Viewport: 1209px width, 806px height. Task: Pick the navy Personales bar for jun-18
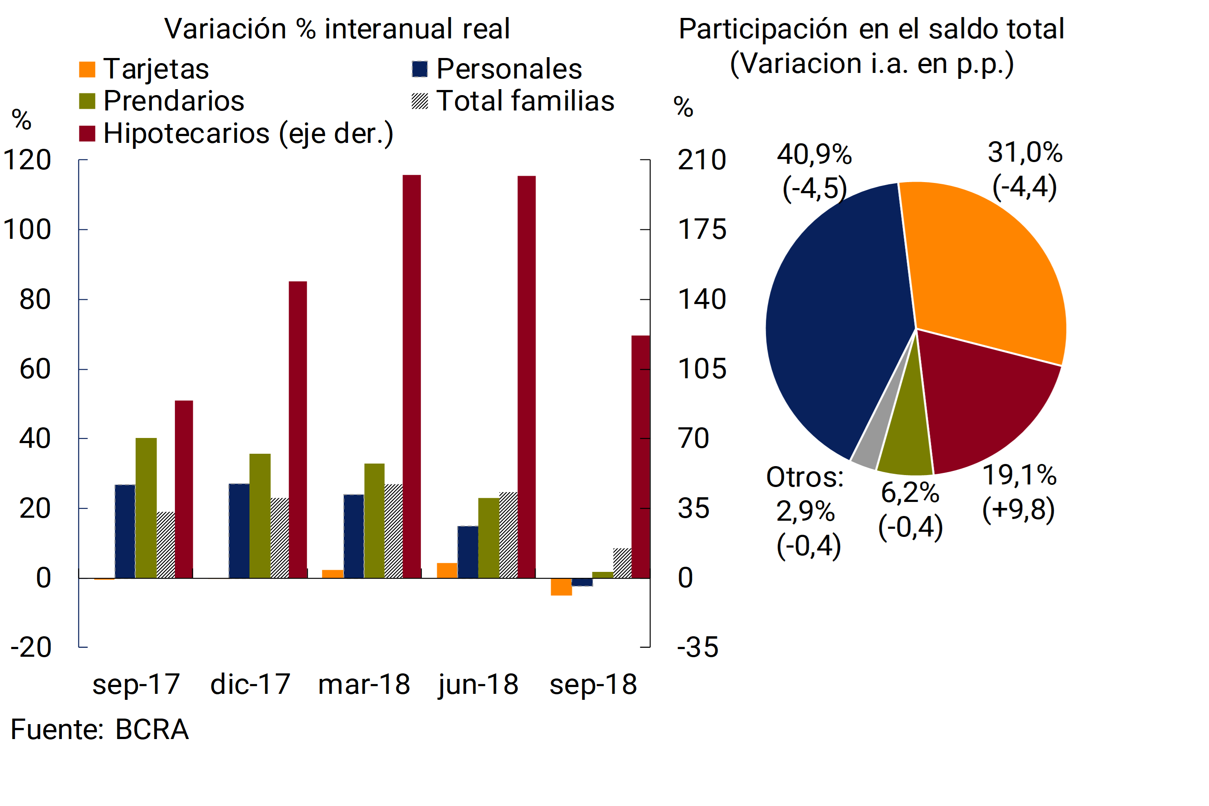click(x=468, y=552)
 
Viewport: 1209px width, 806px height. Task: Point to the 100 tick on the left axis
click(x=27, y=229)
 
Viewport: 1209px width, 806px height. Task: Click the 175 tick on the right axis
click(x=702, y=229)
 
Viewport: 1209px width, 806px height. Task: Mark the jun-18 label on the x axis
click(x=478, y=685)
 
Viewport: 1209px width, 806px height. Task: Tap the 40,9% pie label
click(x=814, y=154)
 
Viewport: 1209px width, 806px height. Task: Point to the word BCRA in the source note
click(x=152, y=729)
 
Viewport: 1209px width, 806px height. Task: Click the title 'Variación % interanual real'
click(x=337, y=29)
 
